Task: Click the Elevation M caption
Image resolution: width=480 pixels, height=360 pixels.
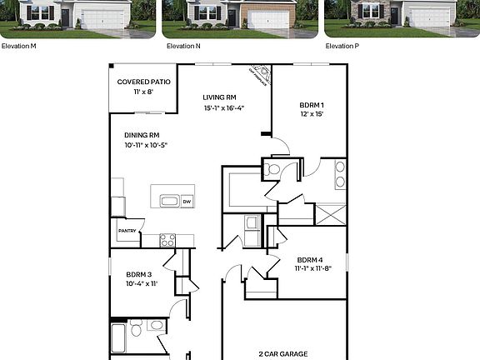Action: click(18, 46)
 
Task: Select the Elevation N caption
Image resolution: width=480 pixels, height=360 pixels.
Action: click(183, 46)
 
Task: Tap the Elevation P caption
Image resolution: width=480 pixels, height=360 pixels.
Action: click(342, 46)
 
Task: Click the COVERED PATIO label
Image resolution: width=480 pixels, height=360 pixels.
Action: click(142, 82)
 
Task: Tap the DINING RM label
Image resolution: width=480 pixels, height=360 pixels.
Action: click(142, 135)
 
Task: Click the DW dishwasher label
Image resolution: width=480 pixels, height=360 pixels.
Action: click(187, 201)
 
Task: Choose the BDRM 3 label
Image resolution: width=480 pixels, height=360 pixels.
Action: click(139, 274)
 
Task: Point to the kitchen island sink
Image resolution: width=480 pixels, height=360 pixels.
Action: click(169, 201)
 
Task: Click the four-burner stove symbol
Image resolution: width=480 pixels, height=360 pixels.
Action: click(167, 240)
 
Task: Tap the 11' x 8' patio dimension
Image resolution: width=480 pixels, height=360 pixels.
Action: click(142, 91)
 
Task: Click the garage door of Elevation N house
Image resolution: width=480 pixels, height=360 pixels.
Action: click(268, 20)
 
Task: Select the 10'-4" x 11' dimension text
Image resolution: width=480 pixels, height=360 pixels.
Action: click(140, 284)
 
